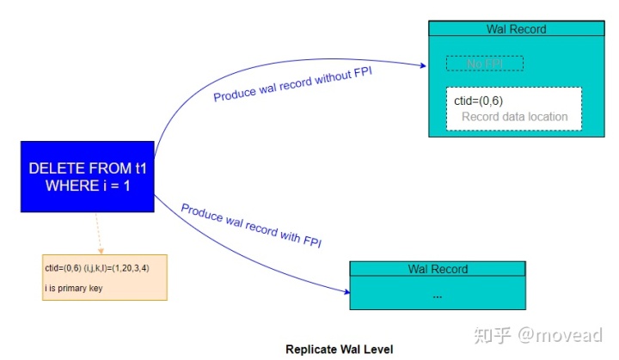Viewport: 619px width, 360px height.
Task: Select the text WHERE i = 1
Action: (89, 186)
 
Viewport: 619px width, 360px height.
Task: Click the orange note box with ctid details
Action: (104, 278)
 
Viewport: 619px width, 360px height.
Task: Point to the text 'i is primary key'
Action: (74, 289)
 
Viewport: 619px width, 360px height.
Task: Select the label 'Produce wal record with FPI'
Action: (251, 226)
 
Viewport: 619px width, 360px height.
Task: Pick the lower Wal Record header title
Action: (438, 269)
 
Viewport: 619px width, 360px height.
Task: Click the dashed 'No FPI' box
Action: (484, 64)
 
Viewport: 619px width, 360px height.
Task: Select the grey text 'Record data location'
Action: (514, 117)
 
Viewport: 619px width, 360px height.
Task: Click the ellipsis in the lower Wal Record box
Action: (438, 295)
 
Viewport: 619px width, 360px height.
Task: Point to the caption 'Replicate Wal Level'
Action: (339, 350)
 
